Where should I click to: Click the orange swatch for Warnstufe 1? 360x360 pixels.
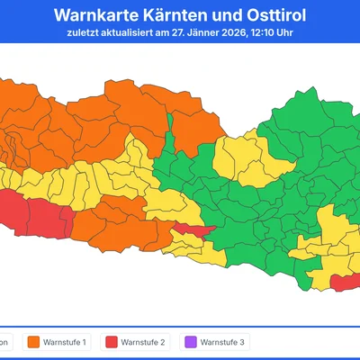(35, 342)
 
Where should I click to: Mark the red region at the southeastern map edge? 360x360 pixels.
(345, 283)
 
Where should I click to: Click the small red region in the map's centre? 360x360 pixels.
(192, 232)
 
